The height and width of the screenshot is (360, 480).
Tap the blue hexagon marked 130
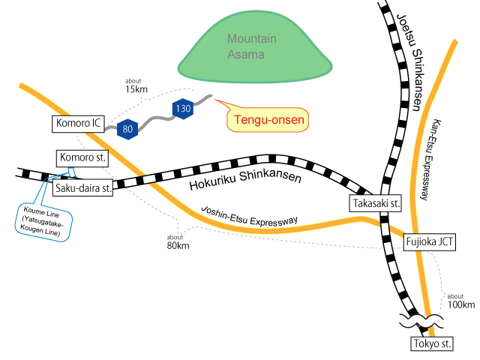pyautogui.click(x=183, y=109)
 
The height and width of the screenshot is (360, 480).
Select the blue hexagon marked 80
pyautogui.click(x=128, y=128)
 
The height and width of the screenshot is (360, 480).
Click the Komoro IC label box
pyautogui.click(x=78, y=122)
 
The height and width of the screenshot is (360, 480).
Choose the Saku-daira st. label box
pyautogui.click(x=82, y=188)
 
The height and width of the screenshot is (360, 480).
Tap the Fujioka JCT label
pyautogui.click(x=429, y=241)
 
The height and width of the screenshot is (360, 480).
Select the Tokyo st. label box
pyautogui.click(x=433, y=344)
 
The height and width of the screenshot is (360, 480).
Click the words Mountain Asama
pyautogui.click(x=252, y=45)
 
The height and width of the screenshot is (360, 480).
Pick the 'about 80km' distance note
pyautogui.click(x=178, y=241)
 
